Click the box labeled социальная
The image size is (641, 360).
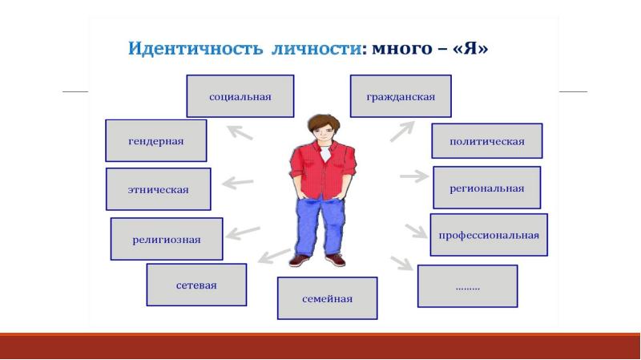pos(240,96)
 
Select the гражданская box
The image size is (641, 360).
pos(401,96)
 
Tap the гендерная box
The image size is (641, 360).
pos(155,141)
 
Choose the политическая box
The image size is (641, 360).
pos(487,141)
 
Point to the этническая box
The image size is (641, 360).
pos(158,189)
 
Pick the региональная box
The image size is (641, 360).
pos(487,188)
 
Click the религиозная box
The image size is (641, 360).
pos(167,239)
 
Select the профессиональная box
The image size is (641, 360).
pos(489,235)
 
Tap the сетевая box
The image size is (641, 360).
pos(196,285)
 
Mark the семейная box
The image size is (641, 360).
pos(327,298)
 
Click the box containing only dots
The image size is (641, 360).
pos(467,286)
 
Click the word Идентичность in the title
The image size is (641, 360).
pos(196,48)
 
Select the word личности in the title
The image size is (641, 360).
pos(316,48)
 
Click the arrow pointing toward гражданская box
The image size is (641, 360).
pos(402,131)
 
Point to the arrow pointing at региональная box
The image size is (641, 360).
pos(414,176)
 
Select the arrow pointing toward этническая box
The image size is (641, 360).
pos(237,183)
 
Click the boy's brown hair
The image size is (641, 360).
pos(324,123)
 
